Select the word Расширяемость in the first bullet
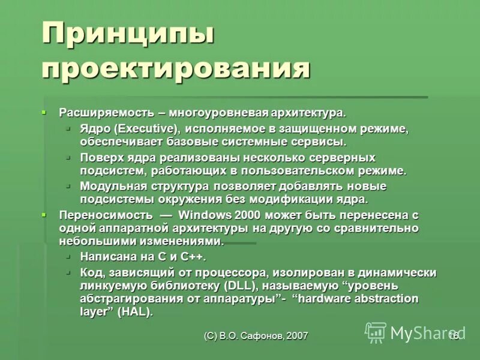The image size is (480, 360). tap(105, 113)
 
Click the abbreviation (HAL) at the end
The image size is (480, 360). tap(135, 312)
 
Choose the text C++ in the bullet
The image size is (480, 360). tap(191, 257)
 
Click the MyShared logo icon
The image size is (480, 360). tap(376, 332)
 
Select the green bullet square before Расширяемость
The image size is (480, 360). tap(44, 112)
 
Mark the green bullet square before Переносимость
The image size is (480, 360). tap(44, 214)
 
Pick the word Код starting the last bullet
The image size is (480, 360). tap(91, 272)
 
